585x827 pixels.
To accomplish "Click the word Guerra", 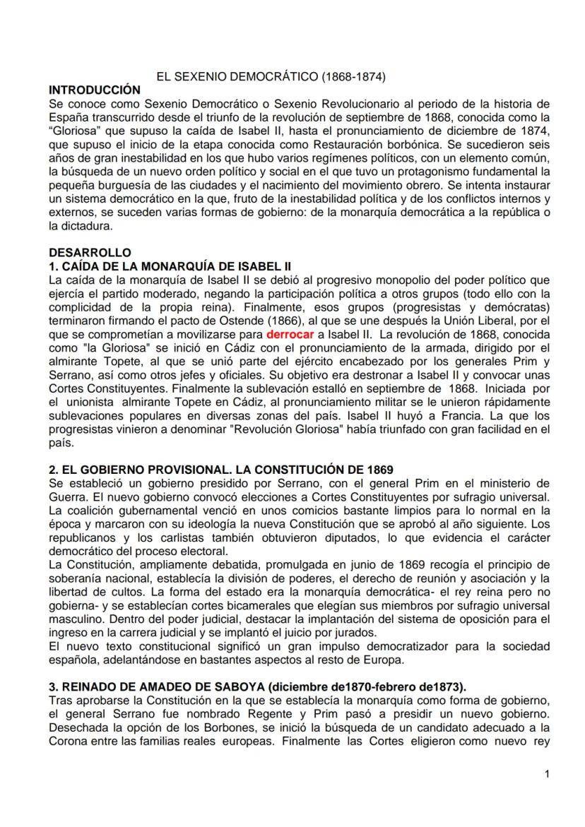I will [66, 496].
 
